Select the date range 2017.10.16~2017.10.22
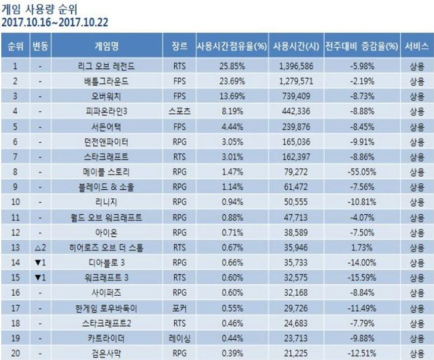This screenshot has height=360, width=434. click(x=55, y=23)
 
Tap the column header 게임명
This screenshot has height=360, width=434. click(x=106, y=46)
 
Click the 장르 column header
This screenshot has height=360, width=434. click(x=179, y=46)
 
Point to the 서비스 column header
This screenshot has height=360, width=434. click(x=417, y=46)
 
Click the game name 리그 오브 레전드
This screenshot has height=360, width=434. click(x=106, y=65)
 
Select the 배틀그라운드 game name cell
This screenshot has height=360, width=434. click(x=106, y=80)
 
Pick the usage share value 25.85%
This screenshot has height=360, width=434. click(x=231, y=65)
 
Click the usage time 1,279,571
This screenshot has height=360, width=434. click(x=295, y=80)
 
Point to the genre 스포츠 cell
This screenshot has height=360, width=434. click(x=179, y=111)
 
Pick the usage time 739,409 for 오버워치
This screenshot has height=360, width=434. click(x=295, y=95)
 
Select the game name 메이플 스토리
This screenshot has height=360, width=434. click(x=106, y=172)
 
